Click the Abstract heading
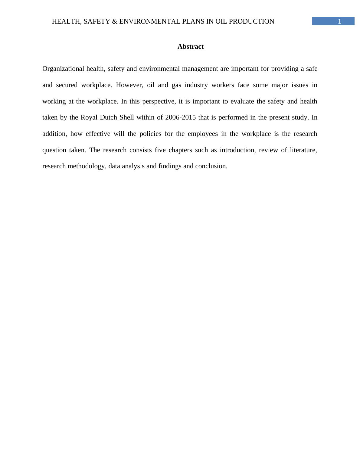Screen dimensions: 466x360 click(x=190, y=47)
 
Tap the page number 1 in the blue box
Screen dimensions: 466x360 click(x=339, y=21)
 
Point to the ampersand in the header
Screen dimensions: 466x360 click(x=115, y=21)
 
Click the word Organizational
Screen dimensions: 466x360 click(x=63, y=69)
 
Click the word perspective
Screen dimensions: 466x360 click(x=159, y=101)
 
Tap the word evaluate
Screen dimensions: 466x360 click(x=242, y=101)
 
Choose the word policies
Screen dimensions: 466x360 click(x=150, y=134)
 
